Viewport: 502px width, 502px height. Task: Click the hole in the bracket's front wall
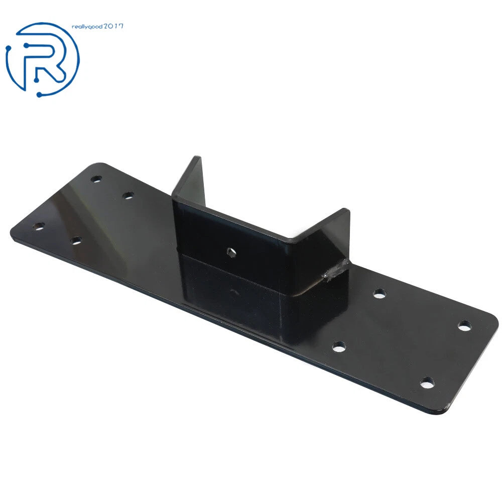click(231, 253)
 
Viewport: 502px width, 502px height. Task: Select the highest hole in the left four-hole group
click(96, 179)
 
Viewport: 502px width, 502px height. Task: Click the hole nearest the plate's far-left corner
click(39, 227)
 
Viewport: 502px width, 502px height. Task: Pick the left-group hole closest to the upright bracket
click(128, 195)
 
